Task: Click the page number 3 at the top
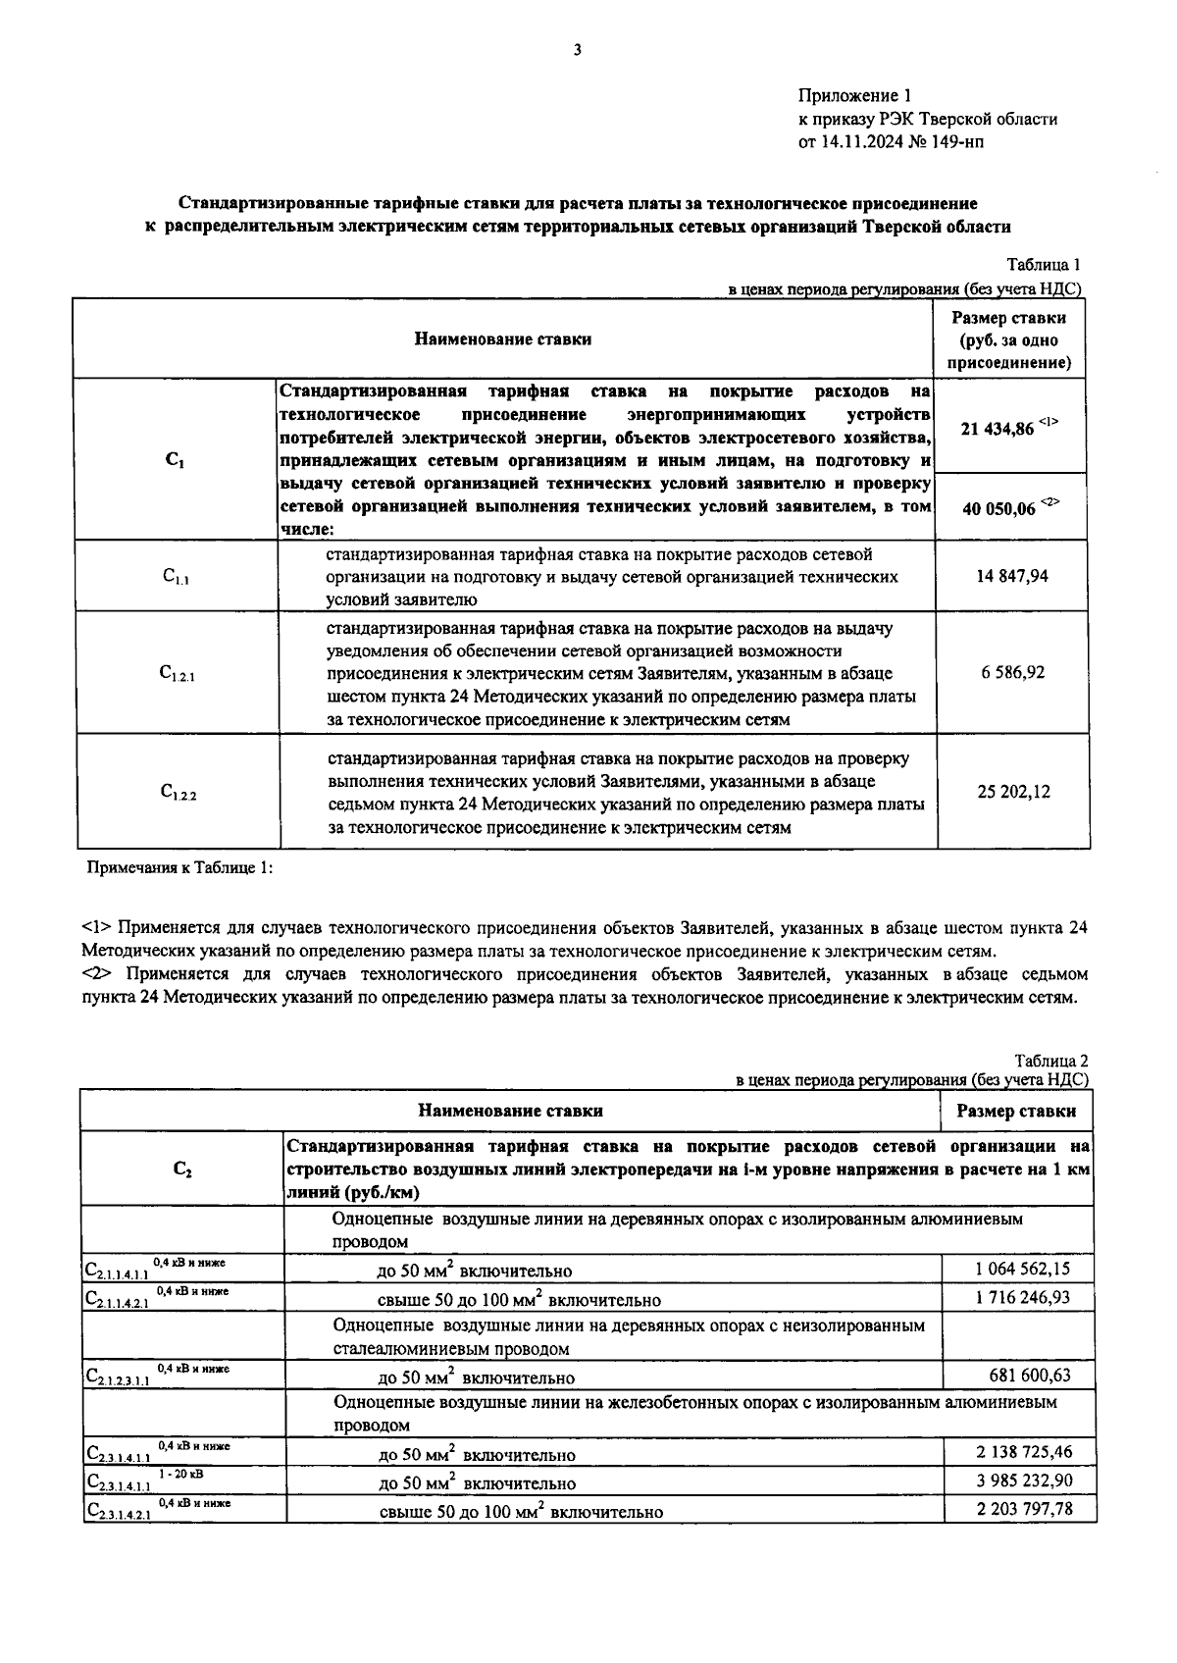(578, 50)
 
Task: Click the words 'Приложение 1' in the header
(855, 96)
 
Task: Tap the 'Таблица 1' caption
(1044, 265)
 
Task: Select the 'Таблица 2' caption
(1051, 1061)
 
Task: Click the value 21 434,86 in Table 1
(998, 429)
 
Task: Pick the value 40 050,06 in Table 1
(998, 508)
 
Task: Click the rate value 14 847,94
(1012, 576)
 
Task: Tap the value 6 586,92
(1012, 673)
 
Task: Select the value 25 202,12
(1012, 791)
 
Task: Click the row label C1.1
(176, 578)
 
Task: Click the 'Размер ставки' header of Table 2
(1016, 1112)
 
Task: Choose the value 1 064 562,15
(1022, 1269)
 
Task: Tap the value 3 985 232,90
(1024, 1481)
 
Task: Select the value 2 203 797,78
(1024, 1508)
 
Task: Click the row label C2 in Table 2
(182, 1169)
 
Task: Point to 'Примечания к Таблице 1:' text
(180, 868)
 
